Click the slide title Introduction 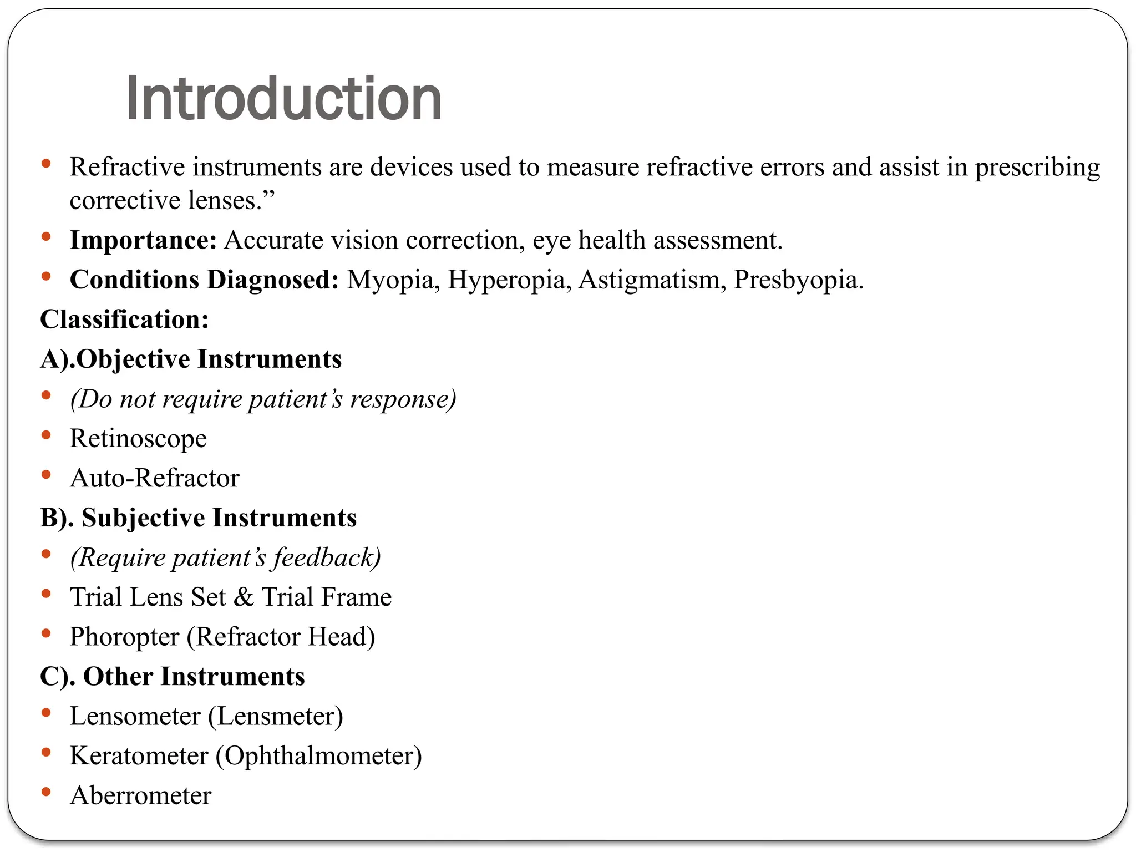tap(283, 99)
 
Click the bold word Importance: tap(143, 240)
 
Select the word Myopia tap(389, 280)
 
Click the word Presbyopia tap(798, 280)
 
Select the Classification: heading tap(124, 319)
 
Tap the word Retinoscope tap(138, 439)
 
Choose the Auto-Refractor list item tap(154, 478)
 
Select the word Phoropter tap(124, 637)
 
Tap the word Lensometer tap(135, 716)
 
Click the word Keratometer tap(139, 756)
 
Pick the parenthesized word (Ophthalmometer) tap(319, 756)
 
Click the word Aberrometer tap(140, 795)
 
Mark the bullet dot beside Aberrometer tap(47, 792)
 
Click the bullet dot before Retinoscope tap(47, 435)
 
